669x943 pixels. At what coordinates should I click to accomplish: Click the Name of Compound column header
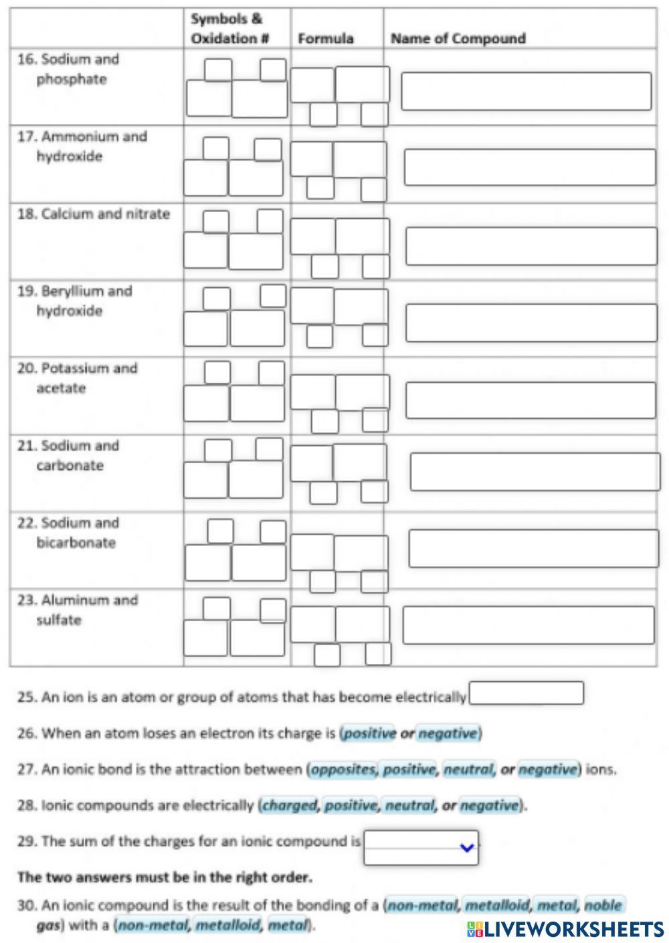coord(458,39)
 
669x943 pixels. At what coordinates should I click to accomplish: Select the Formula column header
coord(325,39)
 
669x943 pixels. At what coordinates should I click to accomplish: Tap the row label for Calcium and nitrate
coord(94,214)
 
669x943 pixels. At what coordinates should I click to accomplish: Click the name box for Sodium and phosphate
coord(526,91)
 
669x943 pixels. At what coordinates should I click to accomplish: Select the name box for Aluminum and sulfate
coord(528,625)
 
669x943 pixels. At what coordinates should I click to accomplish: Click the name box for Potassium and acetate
coord(531,400)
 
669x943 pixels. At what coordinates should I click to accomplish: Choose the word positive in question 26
coord(370,734)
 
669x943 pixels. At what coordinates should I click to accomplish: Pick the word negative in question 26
coord(448,734)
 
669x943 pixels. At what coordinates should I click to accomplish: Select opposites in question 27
coord(344,770)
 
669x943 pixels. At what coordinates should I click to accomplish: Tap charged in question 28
coord(289,806)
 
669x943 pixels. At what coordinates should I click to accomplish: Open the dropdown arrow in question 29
coord(467,848)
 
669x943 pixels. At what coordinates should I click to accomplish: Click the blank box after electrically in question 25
coord(526,693)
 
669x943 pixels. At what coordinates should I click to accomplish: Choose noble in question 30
coord(603,906)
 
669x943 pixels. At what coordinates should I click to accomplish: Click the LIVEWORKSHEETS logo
coord(565,929)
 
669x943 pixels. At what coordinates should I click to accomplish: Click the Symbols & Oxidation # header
coord(229,29)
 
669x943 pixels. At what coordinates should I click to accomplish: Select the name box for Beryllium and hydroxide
coord(531,323)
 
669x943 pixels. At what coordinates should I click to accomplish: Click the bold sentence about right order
coord(165,877)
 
